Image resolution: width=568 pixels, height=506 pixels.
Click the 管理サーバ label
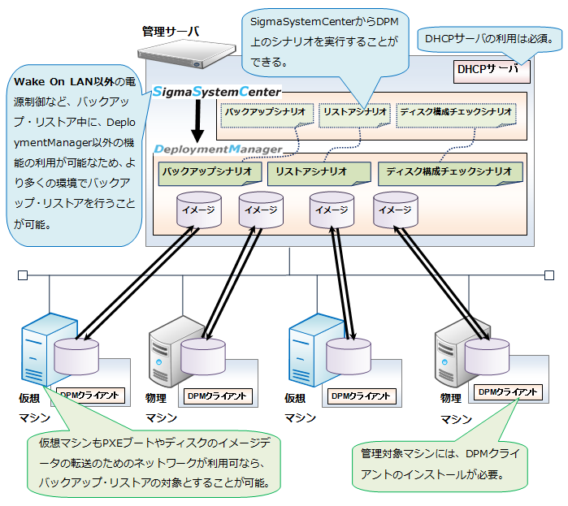pyautogui.click(x=170, y=32)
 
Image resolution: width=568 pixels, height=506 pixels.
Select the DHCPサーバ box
pyautogui.click(x=493, y=70)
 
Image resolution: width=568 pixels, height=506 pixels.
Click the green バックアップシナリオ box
pyautogui.click(x=210, y=172)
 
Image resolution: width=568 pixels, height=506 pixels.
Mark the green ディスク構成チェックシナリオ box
pyautogui.click(x=449, y=172)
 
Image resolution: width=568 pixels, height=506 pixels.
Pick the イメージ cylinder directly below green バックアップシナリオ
pyautogui.click(x=199, y=210)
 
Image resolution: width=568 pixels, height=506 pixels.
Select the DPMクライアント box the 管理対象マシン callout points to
pyautogui.click(x=508, y=392)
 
